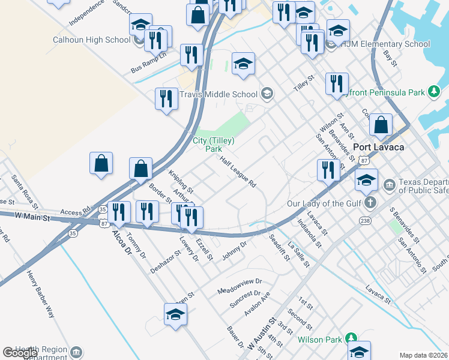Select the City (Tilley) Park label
(213, 145)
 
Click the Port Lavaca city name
(378, 147)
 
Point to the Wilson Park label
(319, 340)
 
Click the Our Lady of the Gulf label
(325, 203)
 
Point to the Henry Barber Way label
(40, 293)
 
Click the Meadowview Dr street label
(240, 286)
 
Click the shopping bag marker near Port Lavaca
(381, 126)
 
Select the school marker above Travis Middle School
(243, 65)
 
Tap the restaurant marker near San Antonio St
(328, 169)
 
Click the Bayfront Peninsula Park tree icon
(434, 92)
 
